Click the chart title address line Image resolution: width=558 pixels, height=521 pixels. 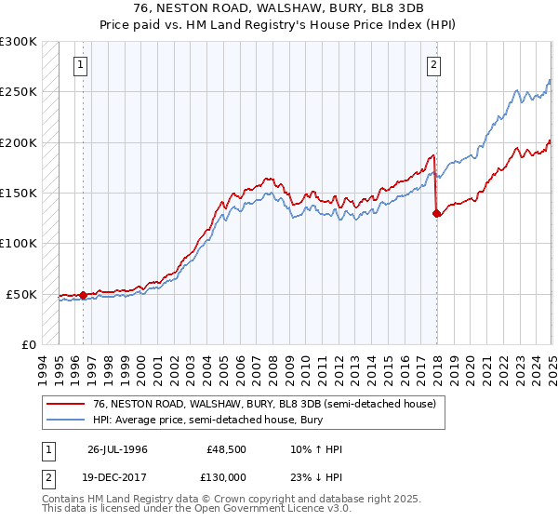click(x=279, y=8)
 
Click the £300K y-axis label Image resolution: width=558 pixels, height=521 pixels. click(x=19, y=42)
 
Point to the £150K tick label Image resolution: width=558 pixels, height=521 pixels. click(x=19, y=193)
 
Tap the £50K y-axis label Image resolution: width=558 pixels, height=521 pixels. click(x=21, y=294)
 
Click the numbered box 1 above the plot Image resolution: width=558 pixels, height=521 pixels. click(x=82, y=65)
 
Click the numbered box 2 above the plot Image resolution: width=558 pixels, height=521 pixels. click(x=434, y=65)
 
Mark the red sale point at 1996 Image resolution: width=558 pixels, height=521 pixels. click(x=83, y=295)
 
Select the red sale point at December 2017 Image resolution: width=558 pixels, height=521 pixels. click(x=436, y=213)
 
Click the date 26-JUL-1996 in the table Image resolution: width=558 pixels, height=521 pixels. click(x=117, y=449)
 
